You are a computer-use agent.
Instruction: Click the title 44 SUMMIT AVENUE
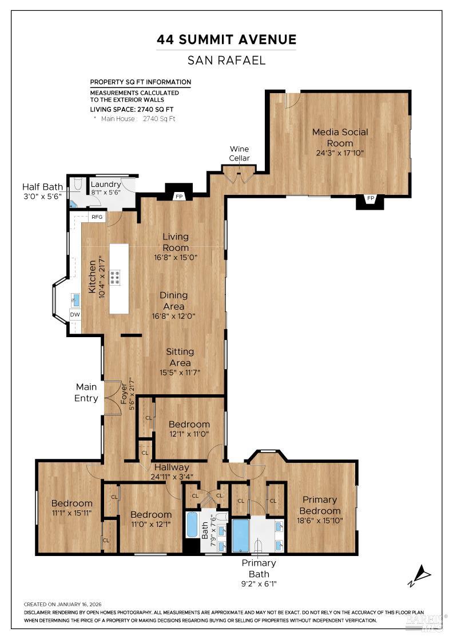(227, 40)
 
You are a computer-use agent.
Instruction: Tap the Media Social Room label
(340, 137)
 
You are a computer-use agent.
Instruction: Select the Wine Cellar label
(240, 154)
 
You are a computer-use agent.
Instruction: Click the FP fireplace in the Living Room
(179, 197)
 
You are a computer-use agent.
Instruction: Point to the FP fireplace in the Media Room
(371, 199)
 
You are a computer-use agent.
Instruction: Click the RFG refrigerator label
(97, 217)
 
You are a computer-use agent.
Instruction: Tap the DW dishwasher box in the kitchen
(75, 315)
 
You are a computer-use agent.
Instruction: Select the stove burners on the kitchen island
(115, 278)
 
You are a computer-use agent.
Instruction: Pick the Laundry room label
(106, 185)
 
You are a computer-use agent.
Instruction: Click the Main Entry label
(86, 393)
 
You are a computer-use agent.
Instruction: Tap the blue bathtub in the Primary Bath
(241, 535)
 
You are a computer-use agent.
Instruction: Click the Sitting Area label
(180, 357)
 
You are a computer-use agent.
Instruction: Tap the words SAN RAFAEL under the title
(227, 60)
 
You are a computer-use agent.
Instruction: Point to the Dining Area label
(173, 301)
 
